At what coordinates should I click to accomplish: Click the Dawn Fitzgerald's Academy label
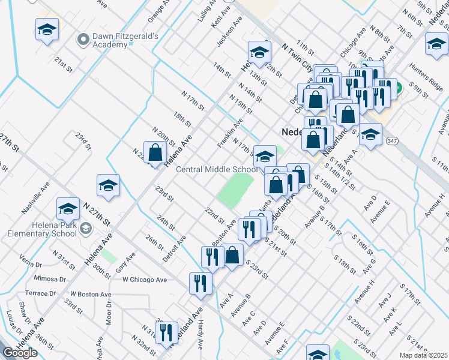coord(125,40)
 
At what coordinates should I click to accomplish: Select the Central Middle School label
coord(216,169)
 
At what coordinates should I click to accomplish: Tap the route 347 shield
coord(393,140)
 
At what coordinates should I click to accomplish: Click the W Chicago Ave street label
coord(144,280)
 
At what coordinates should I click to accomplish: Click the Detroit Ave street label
coord(173,248)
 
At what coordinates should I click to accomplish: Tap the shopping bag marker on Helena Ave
coord(155,152)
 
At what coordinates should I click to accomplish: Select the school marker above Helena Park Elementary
coord(68,209)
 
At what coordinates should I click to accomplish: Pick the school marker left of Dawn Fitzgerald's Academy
coord(47,30)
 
